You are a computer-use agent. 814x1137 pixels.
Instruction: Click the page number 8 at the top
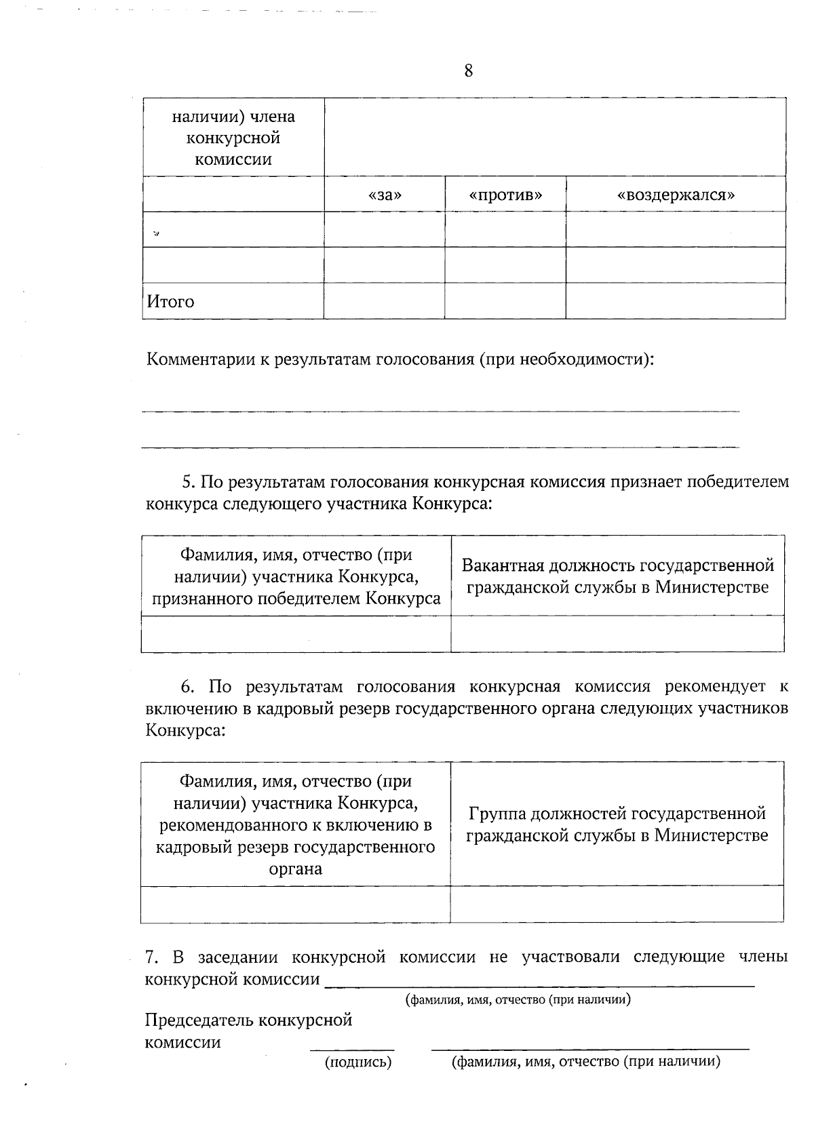click(x=468, y=71)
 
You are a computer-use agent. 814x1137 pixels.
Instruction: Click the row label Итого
click(x=170, y=302)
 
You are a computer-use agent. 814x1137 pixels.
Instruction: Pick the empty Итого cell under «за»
click(x=384, y=301)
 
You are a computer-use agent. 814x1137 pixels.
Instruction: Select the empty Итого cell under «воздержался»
click(x=676, y=301)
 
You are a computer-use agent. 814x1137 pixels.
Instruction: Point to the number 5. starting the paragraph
click(x=188, y=482)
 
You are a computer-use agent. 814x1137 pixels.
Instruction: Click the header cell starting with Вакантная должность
click(x=617, y=576)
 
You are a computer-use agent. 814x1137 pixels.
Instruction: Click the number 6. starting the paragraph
click(x=188, y=687)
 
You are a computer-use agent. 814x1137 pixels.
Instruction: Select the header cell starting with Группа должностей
click(x=617, y=824)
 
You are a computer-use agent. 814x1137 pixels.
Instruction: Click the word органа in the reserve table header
click(x=295, y=869)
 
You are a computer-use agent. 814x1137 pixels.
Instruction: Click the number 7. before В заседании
click(x=153, y=957)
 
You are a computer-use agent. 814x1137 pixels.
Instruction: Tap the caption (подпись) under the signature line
click(x=358, y=1062)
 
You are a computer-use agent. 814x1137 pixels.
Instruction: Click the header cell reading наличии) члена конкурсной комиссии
click(x=233, y=138)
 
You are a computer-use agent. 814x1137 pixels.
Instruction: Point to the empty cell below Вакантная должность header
click(x=617, y=634)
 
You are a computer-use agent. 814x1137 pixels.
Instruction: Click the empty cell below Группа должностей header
click(x=617, y=904)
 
